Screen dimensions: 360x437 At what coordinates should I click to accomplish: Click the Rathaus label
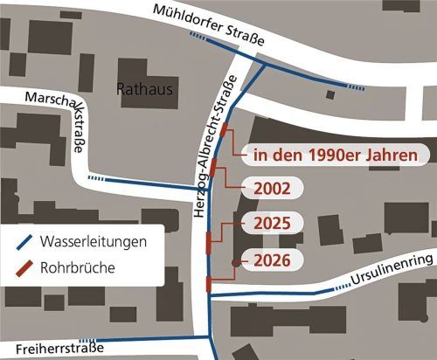coord(146,89)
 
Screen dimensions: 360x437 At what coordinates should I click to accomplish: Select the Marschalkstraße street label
coord(62,121)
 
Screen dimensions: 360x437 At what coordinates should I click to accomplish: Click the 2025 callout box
coord(271,223)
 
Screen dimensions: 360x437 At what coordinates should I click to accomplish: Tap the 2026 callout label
coord(271,260)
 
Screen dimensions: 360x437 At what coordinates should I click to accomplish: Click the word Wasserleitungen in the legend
coord(98,239)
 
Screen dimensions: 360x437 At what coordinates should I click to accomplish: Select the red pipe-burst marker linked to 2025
coord(208,240)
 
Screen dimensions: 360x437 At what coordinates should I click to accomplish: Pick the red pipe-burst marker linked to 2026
coord(209,283)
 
